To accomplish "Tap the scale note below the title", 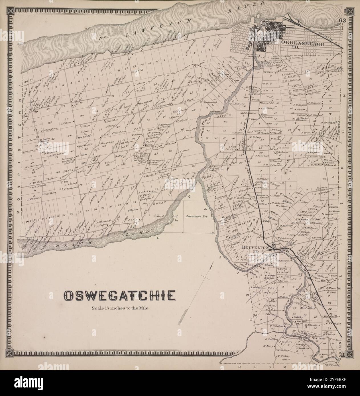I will (x=119, y=308).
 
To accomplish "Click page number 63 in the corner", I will (x=342, y=21).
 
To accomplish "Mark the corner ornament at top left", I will (x=11, y=11).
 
